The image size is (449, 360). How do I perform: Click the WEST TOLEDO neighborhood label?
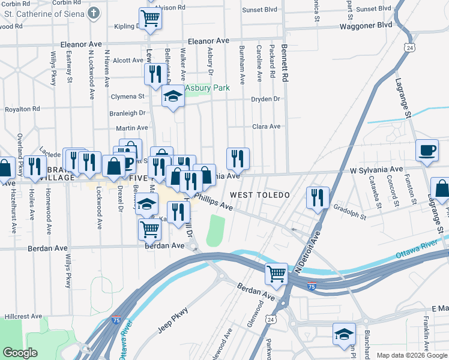point(259,196)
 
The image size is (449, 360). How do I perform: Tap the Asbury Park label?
point(207,88)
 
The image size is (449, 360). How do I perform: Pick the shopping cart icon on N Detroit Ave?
point(276,274)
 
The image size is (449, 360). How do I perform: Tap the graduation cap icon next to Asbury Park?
point(173,97)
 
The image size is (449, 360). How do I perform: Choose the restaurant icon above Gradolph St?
point(318,197)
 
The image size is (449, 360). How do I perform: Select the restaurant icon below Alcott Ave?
point(155,74)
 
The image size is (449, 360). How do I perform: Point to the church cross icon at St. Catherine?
point(94,12)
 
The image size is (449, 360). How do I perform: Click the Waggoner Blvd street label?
point(366,25)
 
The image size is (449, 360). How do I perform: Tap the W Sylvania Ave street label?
point(376,170)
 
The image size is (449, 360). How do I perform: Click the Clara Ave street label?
point(267,127)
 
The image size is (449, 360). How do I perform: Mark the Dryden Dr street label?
point(265,99)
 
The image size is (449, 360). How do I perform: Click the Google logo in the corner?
point(20,352)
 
